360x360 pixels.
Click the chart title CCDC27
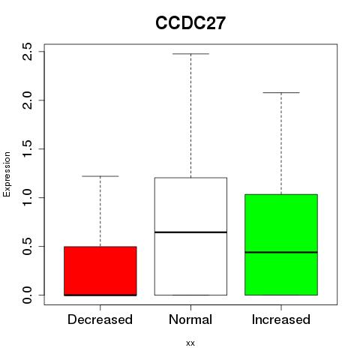coord(190,23)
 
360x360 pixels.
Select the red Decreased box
coord(100,271)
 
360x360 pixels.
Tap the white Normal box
coord(190,236)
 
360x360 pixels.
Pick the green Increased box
coord(281,244)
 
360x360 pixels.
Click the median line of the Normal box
coord(190,232)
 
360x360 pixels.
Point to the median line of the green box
coord(281,252)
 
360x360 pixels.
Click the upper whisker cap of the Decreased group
coord(100,176)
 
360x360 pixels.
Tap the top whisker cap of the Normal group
coord(190,54)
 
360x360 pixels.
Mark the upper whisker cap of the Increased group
coord(281,92)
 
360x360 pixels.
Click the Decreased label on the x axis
coord(100,319)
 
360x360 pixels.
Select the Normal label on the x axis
coord(190,319)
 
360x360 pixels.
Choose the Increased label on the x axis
coord(281,319)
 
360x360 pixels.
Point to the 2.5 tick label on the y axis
coord(27,51)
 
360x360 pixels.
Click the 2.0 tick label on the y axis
coord(27,100)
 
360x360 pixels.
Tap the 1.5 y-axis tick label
coord(27,148)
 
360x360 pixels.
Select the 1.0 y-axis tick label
coord(27,197)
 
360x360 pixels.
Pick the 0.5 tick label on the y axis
coord(27,246)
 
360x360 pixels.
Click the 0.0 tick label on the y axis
coord(27,295)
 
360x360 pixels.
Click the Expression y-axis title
coord(7,174)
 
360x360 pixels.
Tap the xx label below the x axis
coord(190,343)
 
